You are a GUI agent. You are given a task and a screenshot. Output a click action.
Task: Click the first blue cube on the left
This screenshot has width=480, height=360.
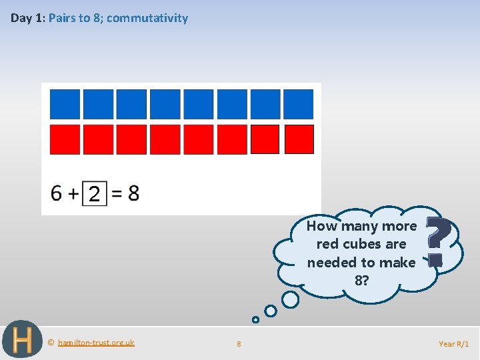pos(65,104)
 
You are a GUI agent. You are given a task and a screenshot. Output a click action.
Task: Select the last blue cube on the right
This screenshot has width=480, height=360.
pos(298,104)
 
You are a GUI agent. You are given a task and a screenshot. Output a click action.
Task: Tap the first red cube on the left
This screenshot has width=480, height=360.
pos(65,139)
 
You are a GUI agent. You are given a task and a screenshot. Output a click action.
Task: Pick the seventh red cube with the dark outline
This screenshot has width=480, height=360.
pos(265,139)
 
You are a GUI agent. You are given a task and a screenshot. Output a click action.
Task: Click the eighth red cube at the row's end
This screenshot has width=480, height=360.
pos(299,139)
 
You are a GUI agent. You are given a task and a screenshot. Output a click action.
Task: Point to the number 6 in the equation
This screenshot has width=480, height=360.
pos(57,193)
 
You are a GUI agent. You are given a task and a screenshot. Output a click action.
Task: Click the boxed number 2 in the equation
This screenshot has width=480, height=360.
pos(95,194)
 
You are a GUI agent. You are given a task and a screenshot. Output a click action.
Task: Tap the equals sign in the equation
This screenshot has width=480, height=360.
pos(117,194)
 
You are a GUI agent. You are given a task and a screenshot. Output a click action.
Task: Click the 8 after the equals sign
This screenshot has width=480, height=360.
pos(133,193)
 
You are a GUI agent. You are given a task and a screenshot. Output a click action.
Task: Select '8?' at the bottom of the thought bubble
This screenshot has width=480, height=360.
pos(361,281)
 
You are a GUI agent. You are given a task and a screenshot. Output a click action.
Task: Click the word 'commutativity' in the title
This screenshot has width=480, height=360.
pos(147,18)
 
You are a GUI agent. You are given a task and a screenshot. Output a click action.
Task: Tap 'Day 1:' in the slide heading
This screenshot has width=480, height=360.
pos(27,18)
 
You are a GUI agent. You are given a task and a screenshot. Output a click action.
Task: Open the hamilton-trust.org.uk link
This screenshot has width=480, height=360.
pos(95,343)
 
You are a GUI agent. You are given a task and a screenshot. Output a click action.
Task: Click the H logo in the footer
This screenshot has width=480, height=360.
pos(22,340)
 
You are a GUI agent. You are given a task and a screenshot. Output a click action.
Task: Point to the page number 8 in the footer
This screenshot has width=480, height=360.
pos(239,344)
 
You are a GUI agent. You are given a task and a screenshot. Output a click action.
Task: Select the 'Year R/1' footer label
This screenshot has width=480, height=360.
pos(453,344)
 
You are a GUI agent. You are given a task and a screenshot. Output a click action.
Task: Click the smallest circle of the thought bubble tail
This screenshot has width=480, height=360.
pos(255,320)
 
